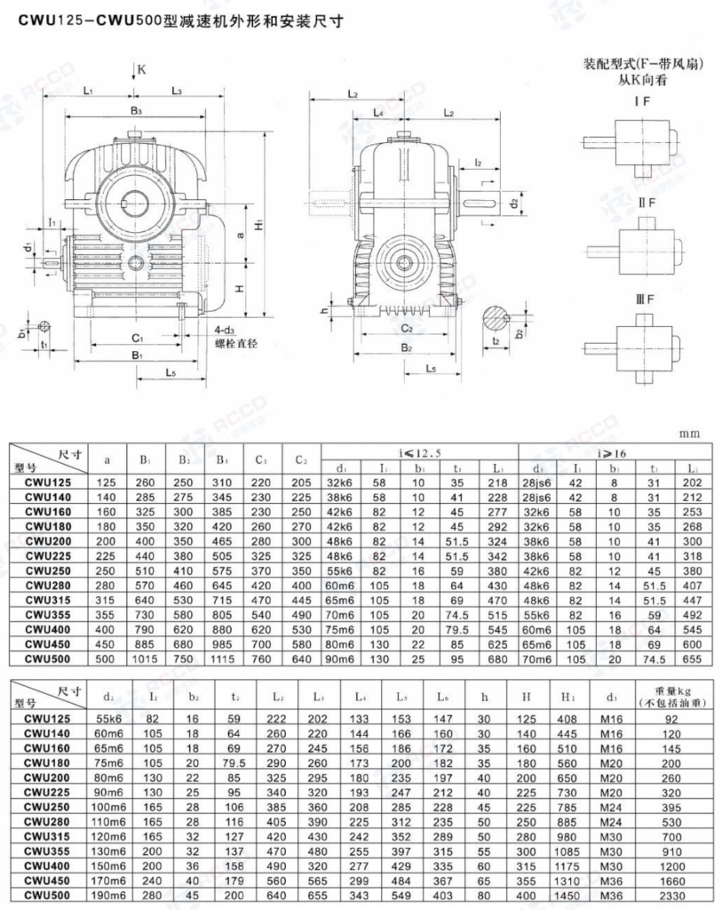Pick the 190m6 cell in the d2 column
[112, 896]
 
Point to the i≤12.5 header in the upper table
[421, 451]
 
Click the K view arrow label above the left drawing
[142, 68]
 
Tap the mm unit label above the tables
[689, 434]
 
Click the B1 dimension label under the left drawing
[138, 355]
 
